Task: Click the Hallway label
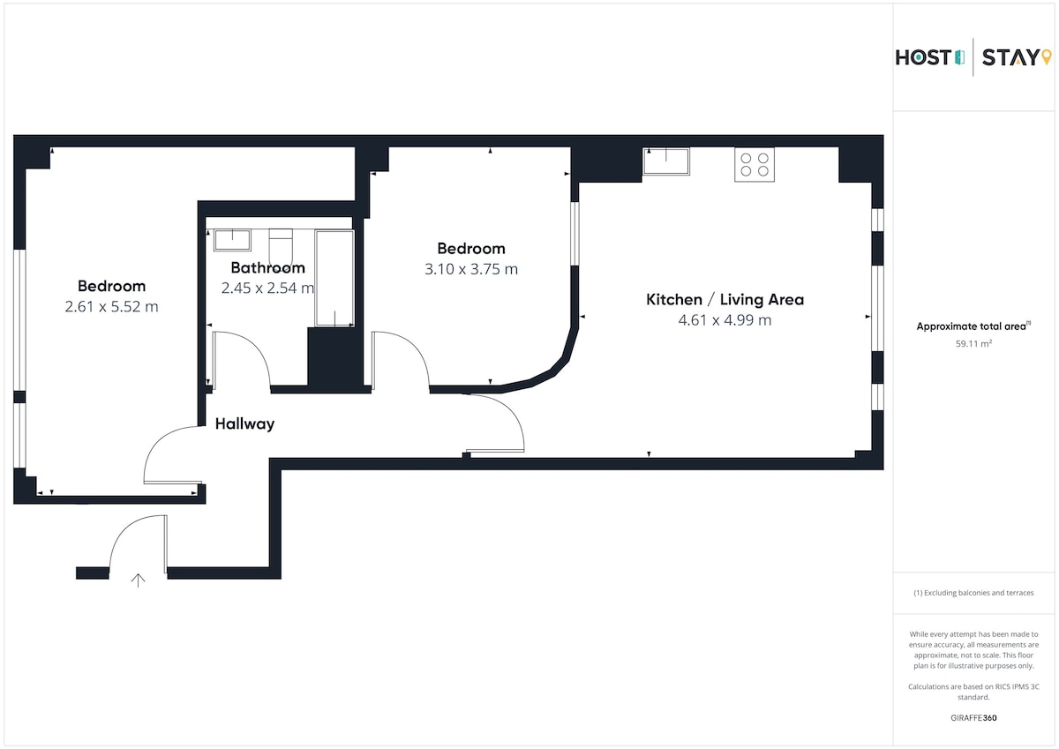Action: [244, 423]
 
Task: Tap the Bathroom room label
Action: [267, 268]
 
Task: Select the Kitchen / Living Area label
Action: [725, 300]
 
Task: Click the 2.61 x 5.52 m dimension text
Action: [111, 307]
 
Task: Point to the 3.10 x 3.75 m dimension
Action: [471, 269]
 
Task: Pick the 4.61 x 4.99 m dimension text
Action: [725, 320]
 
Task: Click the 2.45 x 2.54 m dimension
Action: [267, 288]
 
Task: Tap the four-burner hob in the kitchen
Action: [754, 164]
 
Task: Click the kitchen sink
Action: [666, 161]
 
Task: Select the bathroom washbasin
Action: [232, 240]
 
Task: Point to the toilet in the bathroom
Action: [281, 247]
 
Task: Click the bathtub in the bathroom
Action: [334, 278]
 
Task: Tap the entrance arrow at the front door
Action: [138, 580]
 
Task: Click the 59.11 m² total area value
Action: [973, 343]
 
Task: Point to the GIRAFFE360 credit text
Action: [973, 718]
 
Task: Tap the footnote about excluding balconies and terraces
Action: [973, 593]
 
